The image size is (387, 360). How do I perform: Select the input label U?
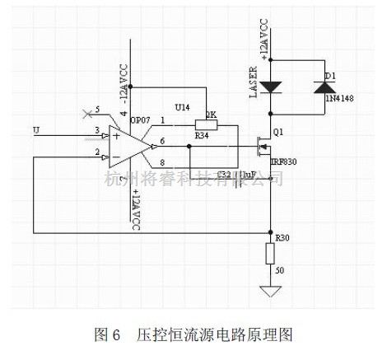coord(35,130)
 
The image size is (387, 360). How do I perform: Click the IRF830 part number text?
coord(284,161)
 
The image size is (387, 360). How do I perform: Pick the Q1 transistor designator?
coord(277,131)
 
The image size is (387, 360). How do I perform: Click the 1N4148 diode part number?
coord(339,98)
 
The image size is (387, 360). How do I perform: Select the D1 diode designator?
coord(329,76)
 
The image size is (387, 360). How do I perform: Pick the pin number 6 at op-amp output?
coord(162,141)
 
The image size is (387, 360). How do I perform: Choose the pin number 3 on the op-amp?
coord(96,130)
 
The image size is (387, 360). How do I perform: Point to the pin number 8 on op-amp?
coord(162,162)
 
